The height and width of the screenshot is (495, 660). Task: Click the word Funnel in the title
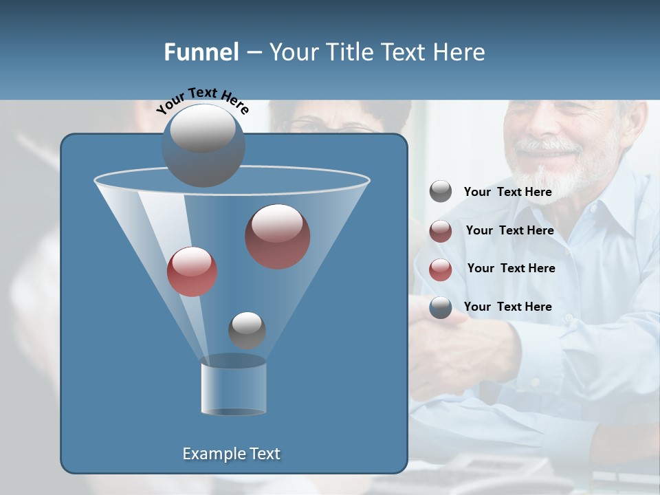(201, 52)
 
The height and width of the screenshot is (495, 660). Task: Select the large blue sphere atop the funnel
(203, 145)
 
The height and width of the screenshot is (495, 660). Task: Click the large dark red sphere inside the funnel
(278, 236)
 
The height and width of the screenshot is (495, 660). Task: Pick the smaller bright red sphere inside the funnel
(192, 272)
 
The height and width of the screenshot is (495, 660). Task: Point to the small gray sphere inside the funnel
(247, 330)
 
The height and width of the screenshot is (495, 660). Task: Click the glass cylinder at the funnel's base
(233, 388)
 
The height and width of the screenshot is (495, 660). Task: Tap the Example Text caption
(232, 454)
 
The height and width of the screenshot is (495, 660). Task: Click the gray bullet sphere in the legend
(441, 192)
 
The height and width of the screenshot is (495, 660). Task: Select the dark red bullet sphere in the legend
(441, 231)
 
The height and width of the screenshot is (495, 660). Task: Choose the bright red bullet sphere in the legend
(441, 269)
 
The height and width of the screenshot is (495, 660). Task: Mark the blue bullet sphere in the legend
(441, 307)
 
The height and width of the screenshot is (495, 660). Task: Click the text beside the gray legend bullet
(507, 192)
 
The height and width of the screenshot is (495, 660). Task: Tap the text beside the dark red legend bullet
(509, 230)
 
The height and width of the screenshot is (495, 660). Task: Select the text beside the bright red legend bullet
(511, 268)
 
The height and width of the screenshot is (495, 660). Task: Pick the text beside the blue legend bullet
(507, 307)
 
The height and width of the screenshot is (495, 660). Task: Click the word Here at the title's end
(459, 52)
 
